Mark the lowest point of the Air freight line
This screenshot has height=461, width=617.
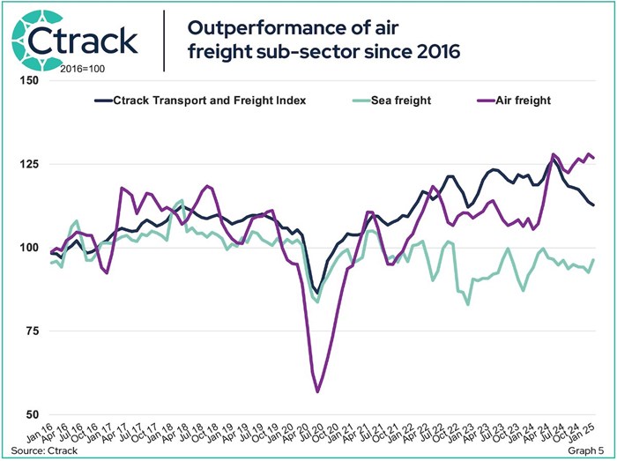(317, 391)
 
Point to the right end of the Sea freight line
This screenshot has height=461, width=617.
(593, 260)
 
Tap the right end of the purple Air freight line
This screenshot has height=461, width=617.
(593, 158)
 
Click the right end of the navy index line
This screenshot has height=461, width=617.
(593, 205)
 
